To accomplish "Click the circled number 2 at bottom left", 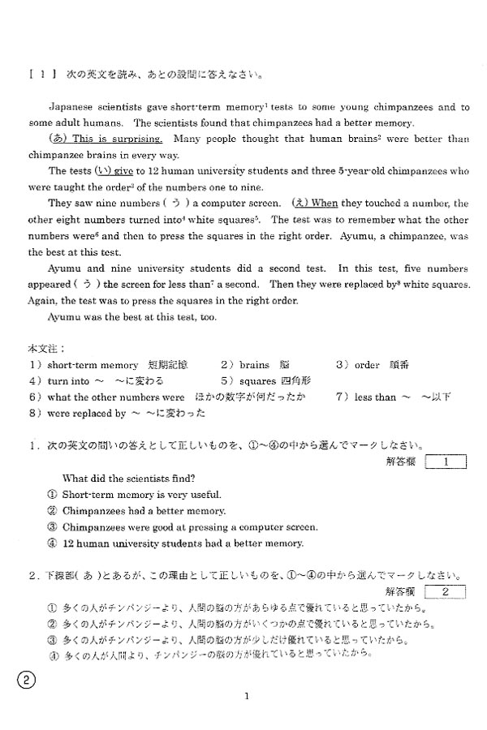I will click(x=25, y=681).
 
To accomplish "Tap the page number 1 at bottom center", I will click(x=245, y=695).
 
